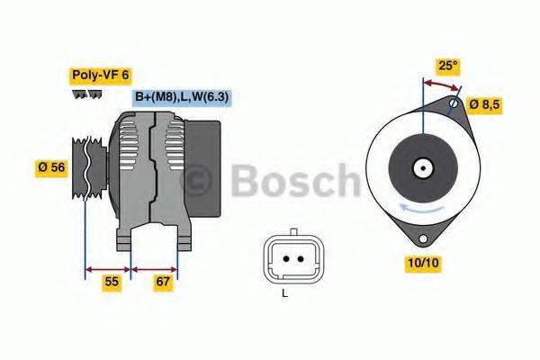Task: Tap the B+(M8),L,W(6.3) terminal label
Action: coord(183,97)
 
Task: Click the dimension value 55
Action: coord(111,283)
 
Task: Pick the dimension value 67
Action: coord(164,283)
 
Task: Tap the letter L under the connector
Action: coord(284,292)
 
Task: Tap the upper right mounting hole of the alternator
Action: coord(454,105)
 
